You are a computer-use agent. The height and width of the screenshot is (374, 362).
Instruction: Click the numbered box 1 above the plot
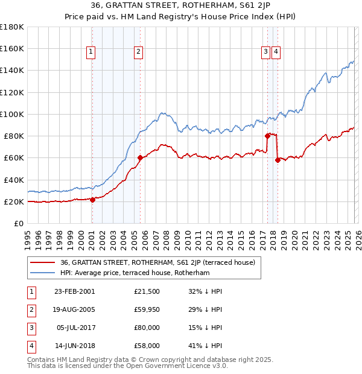point(91,52)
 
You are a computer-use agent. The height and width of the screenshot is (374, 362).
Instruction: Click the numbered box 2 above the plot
point(138,52)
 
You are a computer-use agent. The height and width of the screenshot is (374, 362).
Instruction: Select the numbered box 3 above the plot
point(265,52)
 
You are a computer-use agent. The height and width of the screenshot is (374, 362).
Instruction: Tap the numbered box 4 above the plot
point(275,52)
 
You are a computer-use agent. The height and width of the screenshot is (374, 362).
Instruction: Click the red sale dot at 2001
point(92,200)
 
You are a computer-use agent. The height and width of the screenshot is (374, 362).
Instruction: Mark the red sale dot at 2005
point(140,158)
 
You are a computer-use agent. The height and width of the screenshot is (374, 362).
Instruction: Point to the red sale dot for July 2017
point(267,136)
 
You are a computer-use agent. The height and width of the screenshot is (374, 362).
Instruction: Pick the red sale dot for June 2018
point(277,160)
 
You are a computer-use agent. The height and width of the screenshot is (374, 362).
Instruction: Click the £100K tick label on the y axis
point(11,114)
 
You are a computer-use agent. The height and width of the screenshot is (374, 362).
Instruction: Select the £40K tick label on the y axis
point(13,180)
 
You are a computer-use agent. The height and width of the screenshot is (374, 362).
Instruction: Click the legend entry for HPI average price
point(134,273)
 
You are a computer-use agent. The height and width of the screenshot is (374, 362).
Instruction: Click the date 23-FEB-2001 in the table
point(74,291)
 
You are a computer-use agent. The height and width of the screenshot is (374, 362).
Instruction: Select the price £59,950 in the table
point(147,309)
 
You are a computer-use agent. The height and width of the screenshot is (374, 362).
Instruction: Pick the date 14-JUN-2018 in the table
point(74,346)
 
